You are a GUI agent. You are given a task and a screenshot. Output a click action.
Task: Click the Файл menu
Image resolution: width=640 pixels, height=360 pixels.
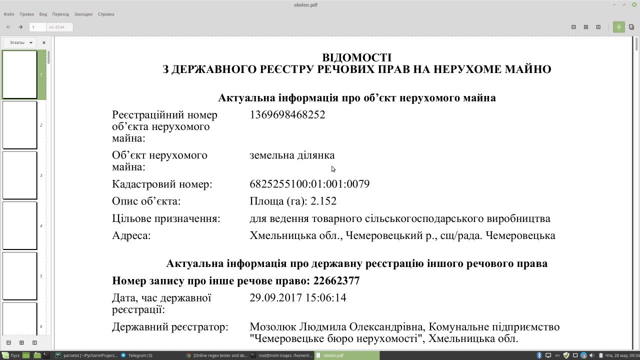coord(8,14)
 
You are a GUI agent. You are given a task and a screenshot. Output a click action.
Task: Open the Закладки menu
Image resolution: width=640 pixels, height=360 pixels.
coord(83,14)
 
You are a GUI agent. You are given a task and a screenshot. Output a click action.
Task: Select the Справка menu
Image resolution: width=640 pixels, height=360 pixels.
coord(106,14)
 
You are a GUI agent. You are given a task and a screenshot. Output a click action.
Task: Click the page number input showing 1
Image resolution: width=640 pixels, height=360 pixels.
coord(37,27)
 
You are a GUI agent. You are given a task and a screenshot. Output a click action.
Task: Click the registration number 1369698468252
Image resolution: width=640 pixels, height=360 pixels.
coord(287,115)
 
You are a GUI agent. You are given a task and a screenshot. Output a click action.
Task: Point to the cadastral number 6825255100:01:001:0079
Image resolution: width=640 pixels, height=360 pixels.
coord(309,184)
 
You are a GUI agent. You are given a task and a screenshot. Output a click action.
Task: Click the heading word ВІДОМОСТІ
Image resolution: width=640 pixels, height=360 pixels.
coord(356,57)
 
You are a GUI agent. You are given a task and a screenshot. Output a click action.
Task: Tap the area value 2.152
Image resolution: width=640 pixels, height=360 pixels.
coord(323,201)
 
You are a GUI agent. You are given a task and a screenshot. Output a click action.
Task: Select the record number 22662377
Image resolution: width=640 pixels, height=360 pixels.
coord(336,281)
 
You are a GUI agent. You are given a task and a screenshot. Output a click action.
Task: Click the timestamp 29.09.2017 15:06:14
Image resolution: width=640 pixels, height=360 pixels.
coord(298,298)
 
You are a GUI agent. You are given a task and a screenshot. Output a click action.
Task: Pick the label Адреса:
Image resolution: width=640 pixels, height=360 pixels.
coord(131,235)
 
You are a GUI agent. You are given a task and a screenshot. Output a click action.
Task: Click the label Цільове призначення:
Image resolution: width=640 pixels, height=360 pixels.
coord(166,218)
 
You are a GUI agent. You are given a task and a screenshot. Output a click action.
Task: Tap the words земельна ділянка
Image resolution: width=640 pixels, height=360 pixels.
coord(292,155)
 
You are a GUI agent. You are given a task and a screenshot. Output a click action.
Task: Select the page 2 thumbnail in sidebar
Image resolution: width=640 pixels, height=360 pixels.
coord(20,125)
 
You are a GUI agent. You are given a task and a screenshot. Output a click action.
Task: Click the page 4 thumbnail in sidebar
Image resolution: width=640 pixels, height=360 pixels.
coord(20,225)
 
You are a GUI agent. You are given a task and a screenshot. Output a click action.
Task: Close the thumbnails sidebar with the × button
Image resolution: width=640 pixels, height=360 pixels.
coord(44,42)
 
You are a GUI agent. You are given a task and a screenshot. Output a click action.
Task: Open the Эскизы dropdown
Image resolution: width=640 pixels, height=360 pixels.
coord(21,42)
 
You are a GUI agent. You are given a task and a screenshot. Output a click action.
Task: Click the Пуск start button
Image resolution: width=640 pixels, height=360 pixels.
coord(11,355)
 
